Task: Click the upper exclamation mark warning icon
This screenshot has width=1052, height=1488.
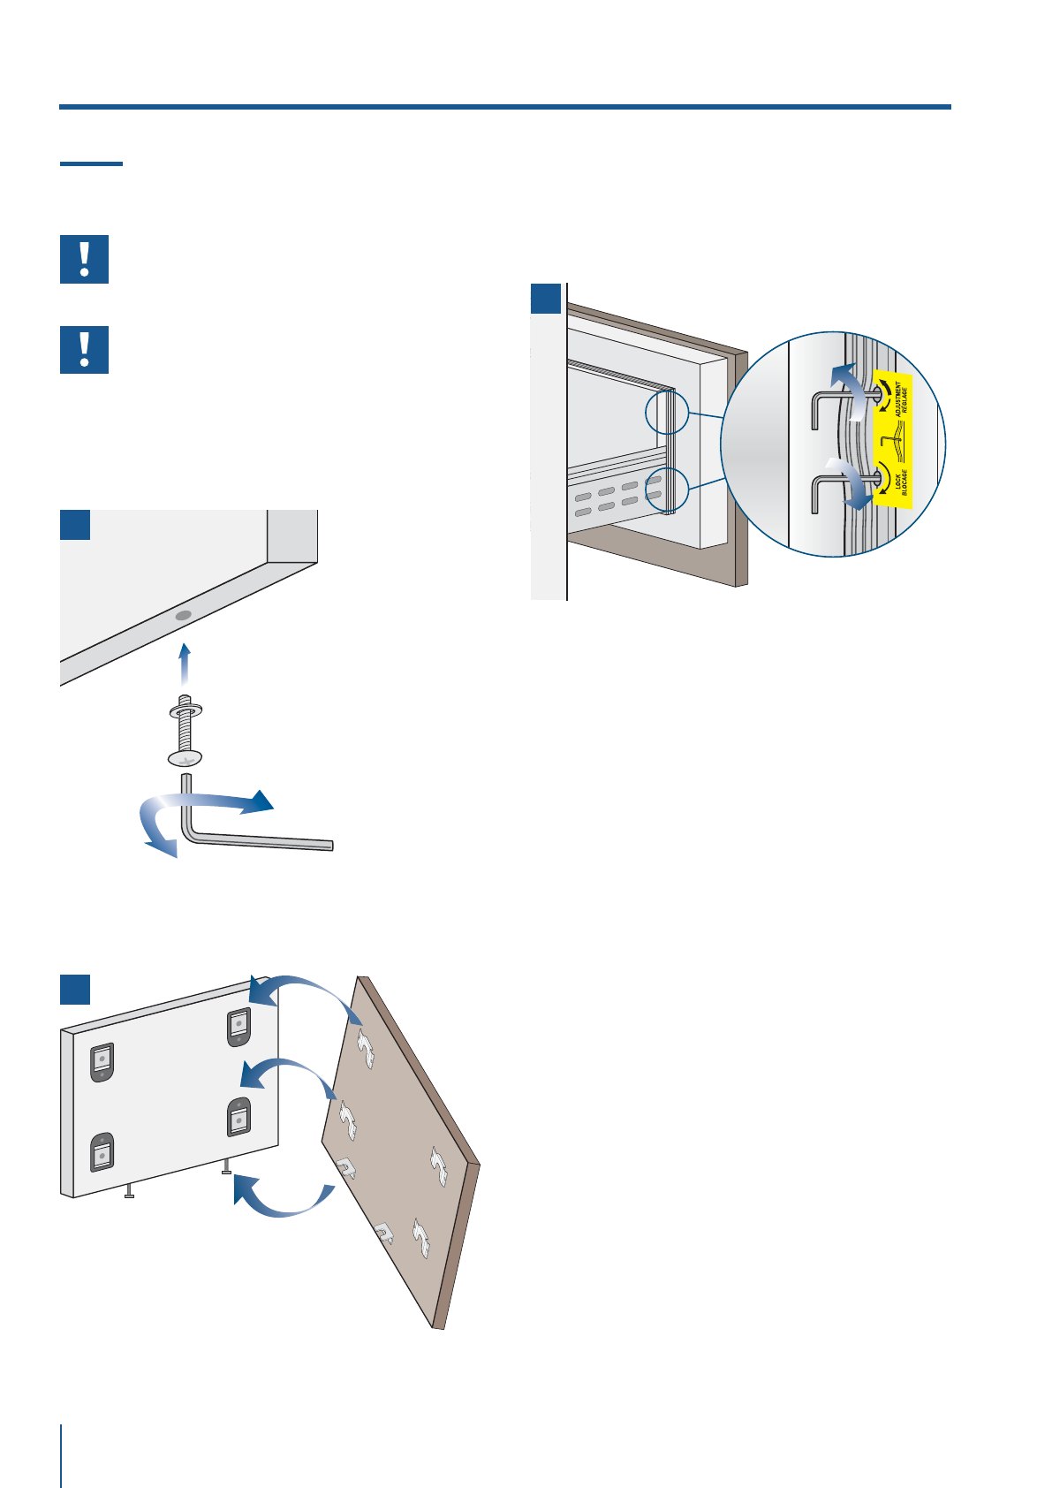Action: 84,259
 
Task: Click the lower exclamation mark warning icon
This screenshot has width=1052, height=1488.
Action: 84,350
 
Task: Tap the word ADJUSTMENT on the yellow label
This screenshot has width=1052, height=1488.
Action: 898,399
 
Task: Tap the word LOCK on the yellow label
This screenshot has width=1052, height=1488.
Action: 897,482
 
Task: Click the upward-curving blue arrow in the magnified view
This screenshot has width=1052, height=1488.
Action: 851,389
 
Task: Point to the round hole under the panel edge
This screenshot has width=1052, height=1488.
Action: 184,615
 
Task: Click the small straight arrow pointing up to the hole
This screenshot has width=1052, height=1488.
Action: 184,663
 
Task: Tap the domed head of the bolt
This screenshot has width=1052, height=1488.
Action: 185,758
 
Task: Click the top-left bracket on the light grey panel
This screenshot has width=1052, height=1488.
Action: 102,1061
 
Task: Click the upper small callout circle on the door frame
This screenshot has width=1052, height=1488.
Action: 666,413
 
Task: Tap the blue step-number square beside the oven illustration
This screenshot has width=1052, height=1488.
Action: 546,299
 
